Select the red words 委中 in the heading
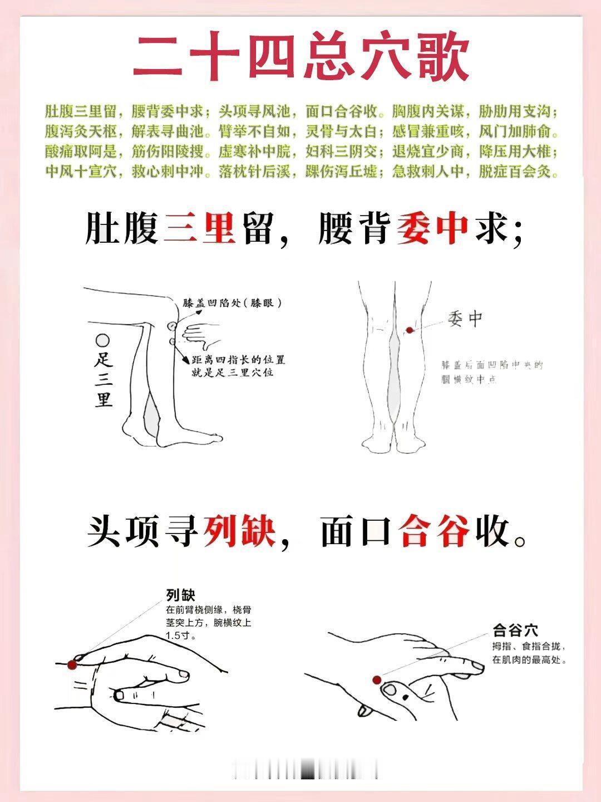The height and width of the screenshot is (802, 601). pyautogui.click(x=432, y=229)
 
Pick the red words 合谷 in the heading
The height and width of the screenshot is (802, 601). pyautogui.click(x=435, y=531)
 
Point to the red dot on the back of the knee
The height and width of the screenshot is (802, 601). pyautogui.click(x=410, y=330)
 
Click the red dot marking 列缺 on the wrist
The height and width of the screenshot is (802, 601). pyautogui.click(x=71, y=664)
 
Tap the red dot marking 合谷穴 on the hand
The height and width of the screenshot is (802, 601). pyautogui.click(x=377, y=679)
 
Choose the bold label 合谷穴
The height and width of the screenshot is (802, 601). pyautogui.click(x=515, y=631)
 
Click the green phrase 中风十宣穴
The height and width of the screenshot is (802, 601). pyautogui.click(x=81, y=172)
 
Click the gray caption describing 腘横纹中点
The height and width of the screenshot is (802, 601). pyautogui.click(x=492, y=372)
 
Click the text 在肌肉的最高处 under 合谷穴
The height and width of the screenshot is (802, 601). pyautogui.click(x=529, y=660)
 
